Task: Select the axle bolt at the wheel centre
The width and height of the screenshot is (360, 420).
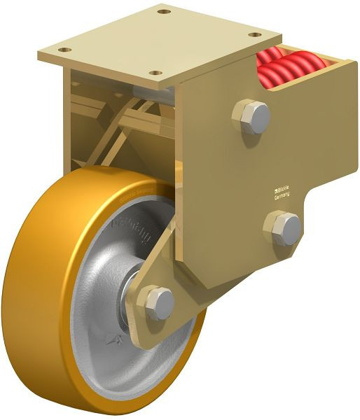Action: [160, 302]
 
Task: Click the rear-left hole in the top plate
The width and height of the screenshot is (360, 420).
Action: [163, 12]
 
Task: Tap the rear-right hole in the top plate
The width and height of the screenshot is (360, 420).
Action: [255, 34]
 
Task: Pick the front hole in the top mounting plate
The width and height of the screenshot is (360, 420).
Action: [156, 73]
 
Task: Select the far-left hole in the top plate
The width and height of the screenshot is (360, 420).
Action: [65, 50]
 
